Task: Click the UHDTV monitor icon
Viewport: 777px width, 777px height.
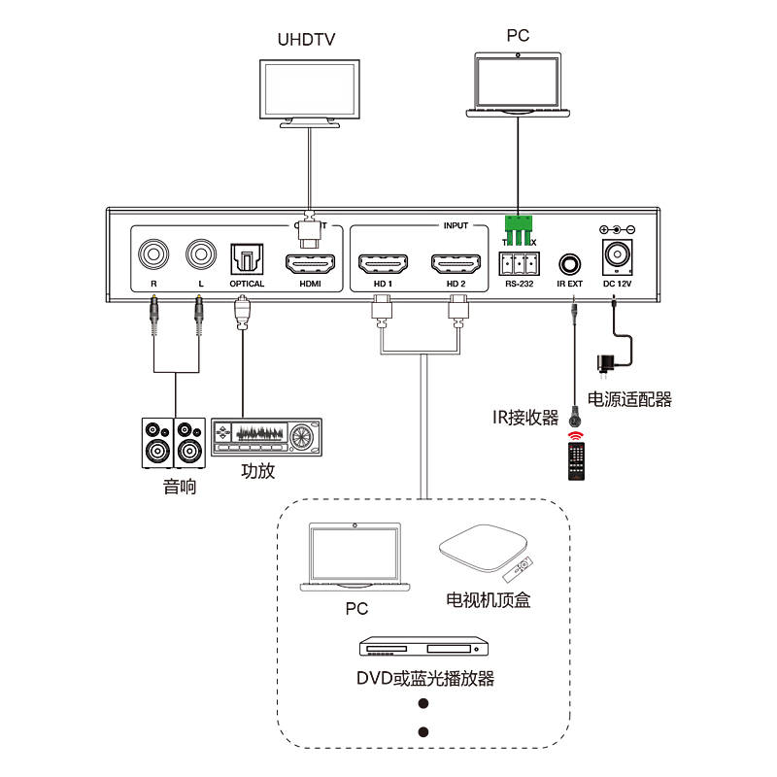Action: point(310,89)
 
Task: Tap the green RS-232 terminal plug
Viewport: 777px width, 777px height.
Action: point(519,230)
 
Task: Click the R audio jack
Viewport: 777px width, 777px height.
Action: point(153,255)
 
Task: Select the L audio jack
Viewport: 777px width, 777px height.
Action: point(200,255)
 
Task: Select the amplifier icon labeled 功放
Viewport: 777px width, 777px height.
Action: point(265,437)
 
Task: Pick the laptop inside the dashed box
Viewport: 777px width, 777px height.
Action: point(354,557)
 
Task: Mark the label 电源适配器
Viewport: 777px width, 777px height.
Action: point(630,398)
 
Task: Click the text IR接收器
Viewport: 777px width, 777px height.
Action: point(525,418)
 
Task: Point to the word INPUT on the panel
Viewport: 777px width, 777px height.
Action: point(456,225)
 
